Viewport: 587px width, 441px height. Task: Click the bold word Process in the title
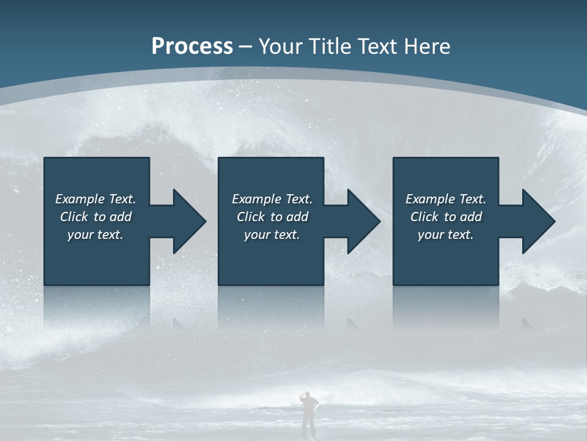[x=192, y=46]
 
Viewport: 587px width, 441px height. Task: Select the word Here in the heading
[x=427, y=46]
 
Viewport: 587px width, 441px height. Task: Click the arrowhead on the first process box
[x=189, y=221]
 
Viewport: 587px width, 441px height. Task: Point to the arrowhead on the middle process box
[x=363, y=221]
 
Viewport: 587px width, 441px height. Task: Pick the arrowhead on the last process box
[x=538, y=221]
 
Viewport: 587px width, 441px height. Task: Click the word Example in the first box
[x=79, y=199]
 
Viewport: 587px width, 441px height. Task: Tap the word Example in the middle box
[x=256, y=199]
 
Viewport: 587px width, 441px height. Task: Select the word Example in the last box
[x=430, y=199]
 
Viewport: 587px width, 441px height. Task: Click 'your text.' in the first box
[x=95, y=235]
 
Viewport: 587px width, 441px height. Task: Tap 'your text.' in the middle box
[x=272, y=235]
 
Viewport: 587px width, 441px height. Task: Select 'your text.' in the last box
[x=446, y=235]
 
